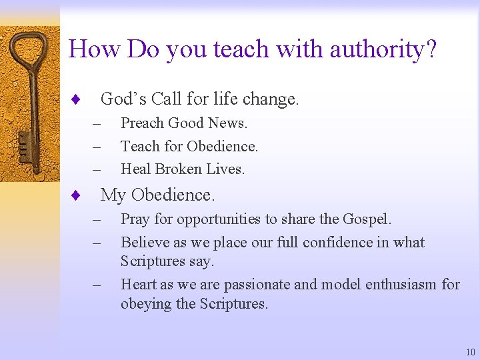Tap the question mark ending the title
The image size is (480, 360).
(x=431, y=49)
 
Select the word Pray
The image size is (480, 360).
(x=135, y=219)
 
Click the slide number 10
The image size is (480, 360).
(x=471, y=352)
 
